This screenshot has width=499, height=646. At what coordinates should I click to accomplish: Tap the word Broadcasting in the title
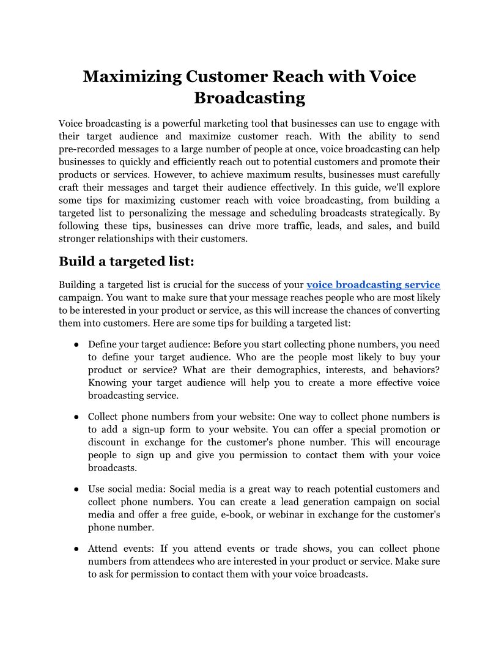[250, 98]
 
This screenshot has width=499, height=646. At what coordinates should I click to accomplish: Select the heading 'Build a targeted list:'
[127, 262]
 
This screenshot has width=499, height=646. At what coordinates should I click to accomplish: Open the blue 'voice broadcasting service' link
[373, 284]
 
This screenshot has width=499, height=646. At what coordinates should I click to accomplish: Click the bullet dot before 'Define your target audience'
[76, 344]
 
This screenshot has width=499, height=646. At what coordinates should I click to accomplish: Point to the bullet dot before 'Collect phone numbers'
[76, 417]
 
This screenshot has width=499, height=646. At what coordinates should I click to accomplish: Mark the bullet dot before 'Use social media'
[76, 489]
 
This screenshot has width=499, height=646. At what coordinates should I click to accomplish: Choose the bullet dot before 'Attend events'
[76, 549]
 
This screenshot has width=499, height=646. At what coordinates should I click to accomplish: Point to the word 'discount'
[107, 442]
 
